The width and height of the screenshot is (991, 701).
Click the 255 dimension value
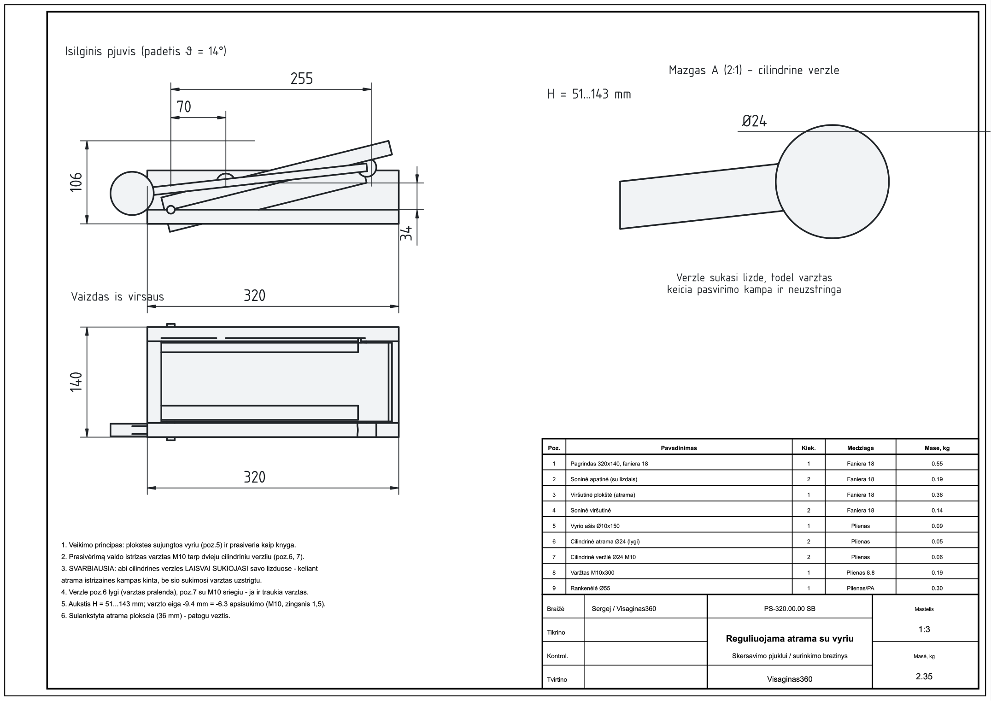(x=302, y=79)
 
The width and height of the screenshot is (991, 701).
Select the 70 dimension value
(x=184, y=107)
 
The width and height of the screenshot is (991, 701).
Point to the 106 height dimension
(x=76, y=182)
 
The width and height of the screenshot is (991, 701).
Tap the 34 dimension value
(x=405, y=233)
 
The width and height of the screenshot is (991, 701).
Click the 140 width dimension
(x=76, y=382)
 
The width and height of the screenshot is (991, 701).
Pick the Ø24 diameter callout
(x=754, y=121)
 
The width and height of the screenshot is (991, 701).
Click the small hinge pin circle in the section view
(x=171, y=210)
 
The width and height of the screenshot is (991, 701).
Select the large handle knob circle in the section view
(x=132, y=194)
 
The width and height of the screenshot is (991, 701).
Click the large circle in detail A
(x=832, y=182)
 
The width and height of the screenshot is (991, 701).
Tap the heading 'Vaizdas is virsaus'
(x=117, y=296)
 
